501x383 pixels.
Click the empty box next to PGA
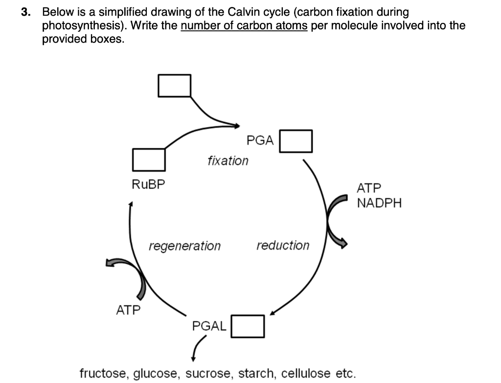(x=296, y=141)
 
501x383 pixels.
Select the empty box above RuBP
(x=148, y=159)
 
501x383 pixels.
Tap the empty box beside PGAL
(x=248, y=326)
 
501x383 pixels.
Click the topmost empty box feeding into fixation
(x=174, y=86)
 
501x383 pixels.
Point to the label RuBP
(x=149, y=184)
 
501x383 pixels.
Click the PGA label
(x=260, y=141)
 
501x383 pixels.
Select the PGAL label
(x=209, y=326)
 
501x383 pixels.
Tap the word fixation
(x=228, y=160)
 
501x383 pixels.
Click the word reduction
(x=283, y=245)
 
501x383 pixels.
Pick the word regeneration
(x=184, y=246)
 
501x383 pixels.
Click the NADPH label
(x=379, y=203)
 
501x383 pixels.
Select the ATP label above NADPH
(x=369, y=188)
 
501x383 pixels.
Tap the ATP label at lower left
(x=128, y=310)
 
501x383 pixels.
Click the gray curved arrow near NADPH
(x=335, y=220)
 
